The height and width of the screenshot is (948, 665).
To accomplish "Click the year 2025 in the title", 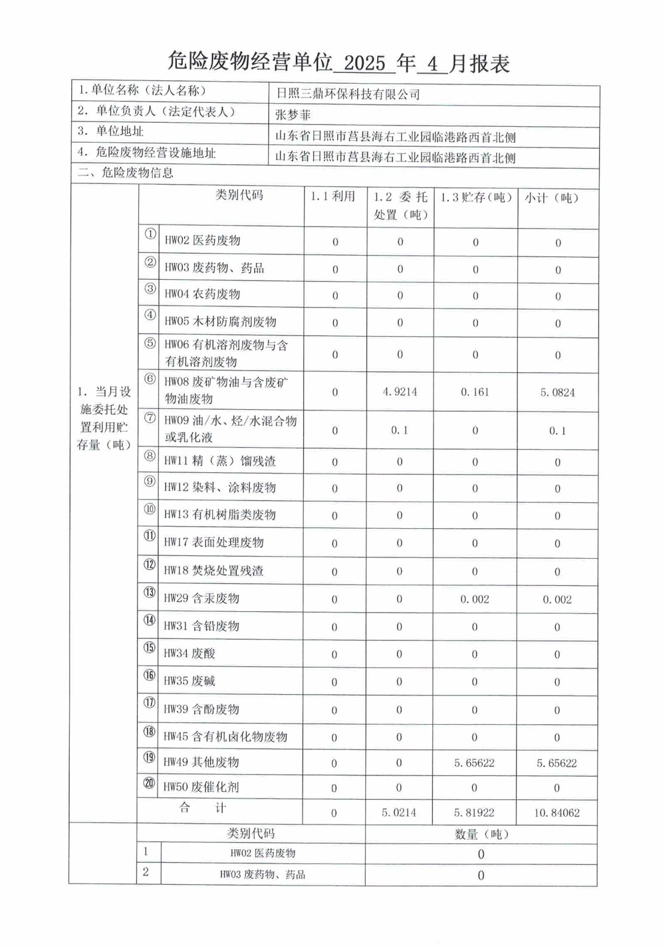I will (x=365, y=63).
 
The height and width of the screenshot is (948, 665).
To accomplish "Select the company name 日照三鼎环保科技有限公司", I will (x=348, y=94).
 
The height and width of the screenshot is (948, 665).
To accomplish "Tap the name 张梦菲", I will (x=293, y=115).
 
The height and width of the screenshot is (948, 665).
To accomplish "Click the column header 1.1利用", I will (x=333, y=197).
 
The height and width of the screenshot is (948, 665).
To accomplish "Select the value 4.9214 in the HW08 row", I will (x=400, y=392).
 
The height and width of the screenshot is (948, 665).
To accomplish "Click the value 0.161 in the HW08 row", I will (x=475, y=392).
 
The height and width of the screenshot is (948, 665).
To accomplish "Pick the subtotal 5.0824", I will (x=557, y=393).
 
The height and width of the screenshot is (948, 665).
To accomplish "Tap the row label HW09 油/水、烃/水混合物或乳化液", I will (x=230, y=429).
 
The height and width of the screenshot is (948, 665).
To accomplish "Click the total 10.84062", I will (x=557, y=812).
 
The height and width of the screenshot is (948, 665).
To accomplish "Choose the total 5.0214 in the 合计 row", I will (x=399, y=812).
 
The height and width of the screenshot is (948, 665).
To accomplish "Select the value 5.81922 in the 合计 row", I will (x=474, y=812).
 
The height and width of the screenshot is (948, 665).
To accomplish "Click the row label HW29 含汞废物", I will (x=201, y=599).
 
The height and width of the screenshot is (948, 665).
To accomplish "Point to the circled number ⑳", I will (x=150, y=784).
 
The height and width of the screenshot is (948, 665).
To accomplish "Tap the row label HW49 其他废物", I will (x=201, y=762).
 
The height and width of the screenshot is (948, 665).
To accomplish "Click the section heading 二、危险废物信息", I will (x=126, y=173).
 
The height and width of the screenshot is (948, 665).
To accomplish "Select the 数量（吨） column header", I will (x=480, y=834).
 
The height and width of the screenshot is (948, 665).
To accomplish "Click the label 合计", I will (x=203, y=808).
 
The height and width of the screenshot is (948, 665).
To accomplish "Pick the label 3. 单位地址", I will (x=110, y=132).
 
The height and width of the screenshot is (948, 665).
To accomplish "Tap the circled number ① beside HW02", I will (x=151, y=235).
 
